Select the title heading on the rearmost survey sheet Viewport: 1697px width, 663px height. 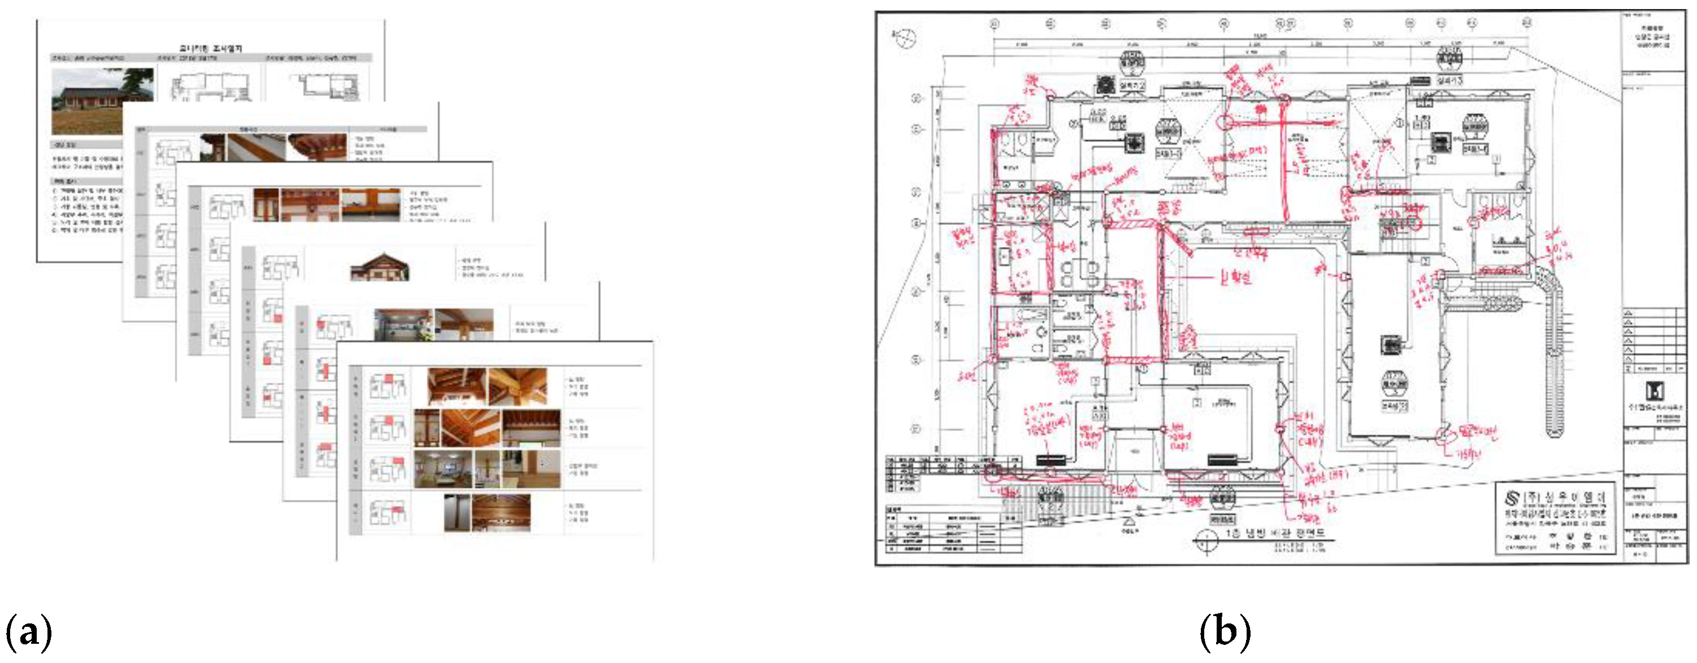[x=211, y=48]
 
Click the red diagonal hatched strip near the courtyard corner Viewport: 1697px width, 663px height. [x=1177, y=241]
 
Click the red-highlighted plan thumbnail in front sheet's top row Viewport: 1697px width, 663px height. [x=386, y=386]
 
